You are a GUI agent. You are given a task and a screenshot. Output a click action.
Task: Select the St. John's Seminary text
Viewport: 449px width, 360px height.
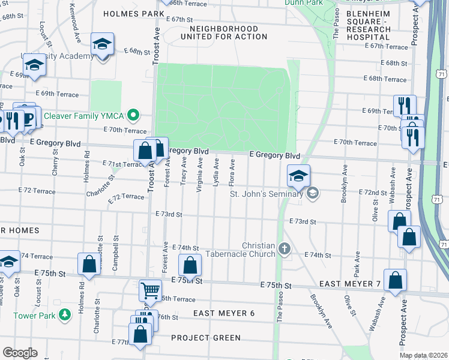tap(267, 193)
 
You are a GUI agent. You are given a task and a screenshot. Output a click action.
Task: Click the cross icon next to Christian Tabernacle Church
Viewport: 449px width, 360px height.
tap(284, 247)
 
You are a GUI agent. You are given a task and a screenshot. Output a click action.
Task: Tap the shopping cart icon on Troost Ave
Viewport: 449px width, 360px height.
tap(150, 291)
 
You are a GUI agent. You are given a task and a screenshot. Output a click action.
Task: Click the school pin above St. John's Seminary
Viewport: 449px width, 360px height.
tap(298, 176)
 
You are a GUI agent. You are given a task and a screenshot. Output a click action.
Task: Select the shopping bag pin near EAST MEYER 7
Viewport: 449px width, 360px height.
tap(396, 280)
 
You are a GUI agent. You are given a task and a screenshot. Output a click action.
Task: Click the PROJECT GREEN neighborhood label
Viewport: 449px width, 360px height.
tap(206, 338)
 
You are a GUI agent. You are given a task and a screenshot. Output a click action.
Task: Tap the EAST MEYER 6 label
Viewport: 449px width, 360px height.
tap(224, 314)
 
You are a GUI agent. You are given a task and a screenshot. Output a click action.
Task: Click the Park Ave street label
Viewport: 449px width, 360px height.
tap(356, 261)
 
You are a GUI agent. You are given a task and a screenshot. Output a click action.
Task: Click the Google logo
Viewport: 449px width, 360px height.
tap(20, 353)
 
